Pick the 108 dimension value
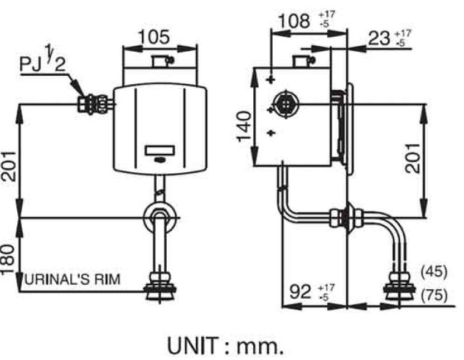click(293, 22)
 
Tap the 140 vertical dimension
click(244, 126)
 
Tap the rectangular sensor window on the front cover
click(160, 150)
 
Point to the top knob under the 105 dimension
click(161, 60)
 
